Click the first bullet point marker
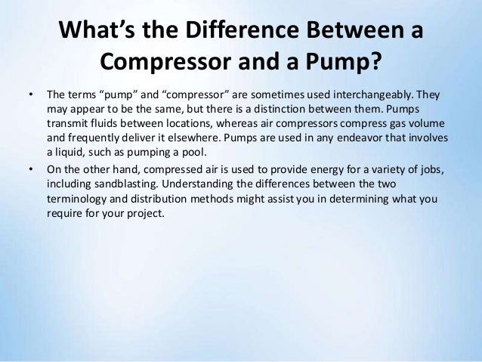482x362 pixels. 30,97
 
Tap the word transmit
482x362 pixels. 68,124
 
